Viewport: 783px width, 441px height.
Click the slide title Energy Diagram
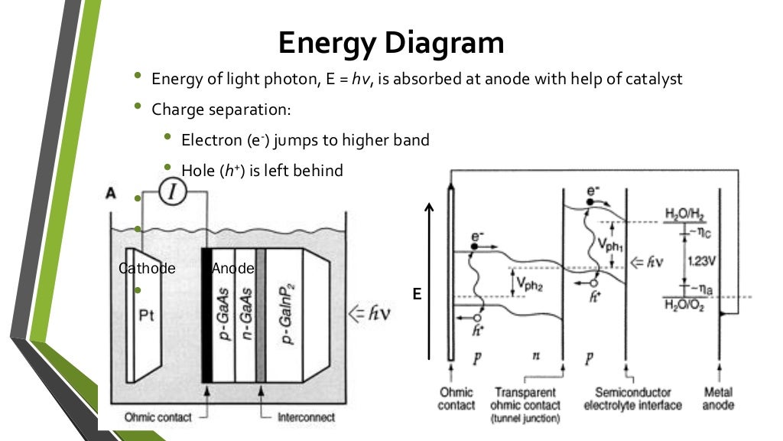pos(391,43)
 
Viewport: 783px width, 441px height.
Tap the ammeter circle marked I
pos(173,194)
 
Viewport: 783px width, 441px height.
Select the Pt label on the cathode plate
pos(148,315)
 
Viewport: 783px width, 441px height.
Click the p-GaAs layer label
pos(225,315)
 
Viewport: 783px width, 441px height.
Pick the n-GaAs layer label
pos(245,315)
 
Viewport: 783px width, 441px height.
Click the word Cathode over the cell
pos(148,269)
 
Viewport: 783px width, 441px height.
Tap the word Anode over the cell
pos(232,269)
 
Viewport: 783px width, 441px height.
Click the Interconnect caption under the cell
pos(304,417)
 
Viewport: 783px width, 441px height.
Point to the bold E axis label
pos(417,293)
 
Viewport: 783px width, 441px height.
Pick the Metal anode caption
pos(719,399)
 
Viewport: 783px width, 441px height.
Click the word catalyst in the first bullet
pos(653,79)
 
